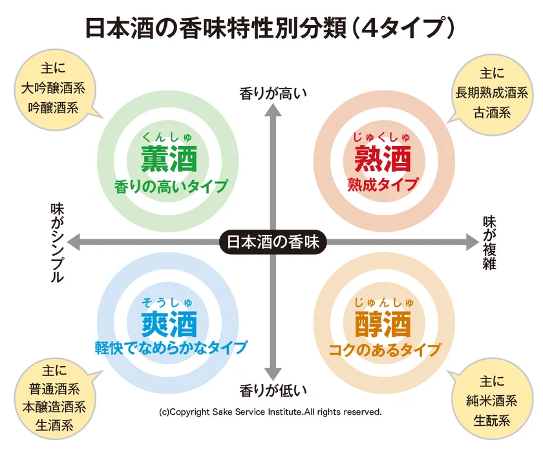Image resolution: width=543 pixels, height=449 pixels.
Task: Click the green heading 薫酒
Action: pos(169,159)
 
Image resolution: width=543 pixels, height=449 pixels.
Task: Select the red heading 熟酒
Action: pos(383,159)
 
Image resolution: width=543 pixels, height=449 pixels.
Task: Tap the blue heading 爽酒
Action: pos(169,324)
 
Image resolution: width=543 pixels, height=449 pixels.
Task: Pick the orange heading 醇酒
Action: pos(383,324)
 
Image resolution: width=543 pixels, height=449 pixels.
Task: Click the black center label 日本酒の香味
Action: pos(273,242)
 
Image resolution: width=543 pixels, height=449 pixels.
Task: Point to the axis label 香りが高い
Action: pos(273,94)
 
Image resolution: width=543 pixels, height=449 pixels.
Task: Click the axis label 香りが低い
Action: pos(273,391)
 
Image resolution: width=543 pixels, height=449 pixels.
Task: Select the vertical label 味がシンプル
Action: pos(58,243)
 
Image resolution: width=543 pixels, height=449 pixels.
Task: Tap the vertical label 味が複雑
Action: pos(489,243)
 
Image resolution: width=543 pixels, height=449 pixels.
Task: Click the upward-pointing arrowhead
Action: pos(273,110)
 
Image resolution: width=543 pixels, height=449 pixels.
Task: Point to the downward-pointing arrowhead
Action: pos(273,374)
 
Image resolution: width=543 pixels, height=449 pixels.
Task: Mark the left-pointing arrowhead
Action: pos(74,242)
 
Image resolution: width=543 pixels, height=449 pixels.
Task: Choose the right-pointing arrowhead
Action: pos(473,242)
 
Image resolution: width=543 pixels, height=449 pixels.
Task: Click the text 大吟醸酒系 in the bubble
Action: pos(53,88)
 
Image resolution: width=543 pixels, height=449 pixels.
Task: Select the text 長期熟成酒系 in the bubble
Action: pos(492,93)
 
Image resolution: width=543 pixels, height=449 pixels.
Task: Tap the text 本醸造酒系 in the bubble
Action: pos(54,407)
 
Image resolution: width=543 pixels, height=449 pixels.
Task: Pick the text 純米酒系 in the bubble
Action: pos(492,401)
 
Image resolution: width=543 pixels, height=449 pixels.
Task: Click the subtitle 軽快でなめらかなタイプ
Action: pos(171,347)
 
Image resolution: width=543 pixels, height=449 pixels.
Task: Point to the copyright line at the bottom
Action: pos(270,412)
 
